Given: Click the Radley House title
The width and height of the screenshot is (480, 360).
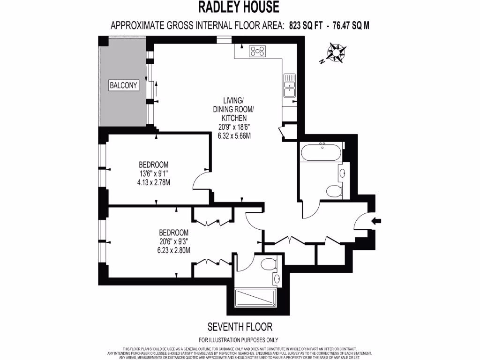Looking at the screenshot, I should pos(240,7).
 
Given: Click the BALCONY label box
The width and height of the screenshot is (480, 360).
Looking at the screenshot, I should pos(124,85).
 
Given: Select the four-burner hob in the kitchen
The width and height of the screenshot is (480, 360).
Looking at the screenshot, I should pos(258,51).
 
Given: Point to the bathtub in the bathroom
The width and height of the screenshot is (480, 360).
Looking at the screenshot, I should pos(322,153).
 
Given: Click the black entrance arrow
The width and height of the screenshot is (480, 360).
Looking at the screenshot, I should pos(377,221).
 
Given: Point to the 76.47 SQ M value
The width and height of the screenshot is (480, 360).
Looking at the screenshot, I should pos(351,25).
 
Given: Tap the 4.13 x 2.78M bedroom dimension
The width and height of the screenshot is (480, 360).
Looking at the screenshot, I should pos(153,182).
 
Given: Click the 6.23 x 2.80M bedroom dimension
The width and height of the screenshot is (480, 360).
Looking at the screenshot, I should pos(173,250).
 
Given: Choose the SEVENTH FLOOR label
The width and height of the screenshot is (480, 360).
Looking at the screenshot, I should pos(240,326).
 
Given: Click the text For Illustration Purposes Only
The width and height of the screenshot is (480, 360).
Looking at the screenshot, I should pos(239,340).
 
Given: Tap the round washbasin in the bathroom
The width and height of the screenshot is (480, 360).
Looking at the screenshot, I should pos(342,172).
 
